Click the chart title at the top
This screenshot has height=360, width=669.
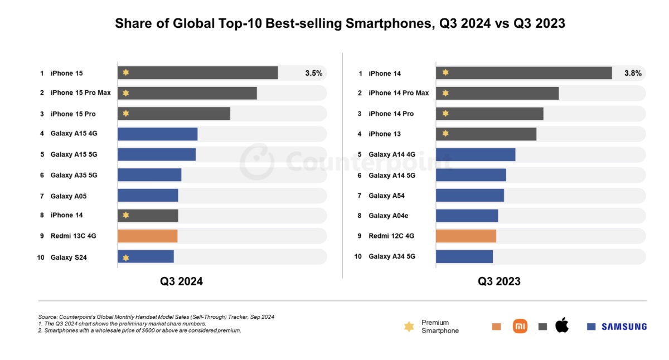[340, 23]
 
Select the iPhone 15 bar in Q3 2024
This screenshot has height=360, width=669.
[197, 73]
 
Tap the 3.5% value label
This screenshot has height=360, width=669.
[313, 73]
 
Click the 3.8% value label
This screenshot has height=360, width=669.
[632, 73]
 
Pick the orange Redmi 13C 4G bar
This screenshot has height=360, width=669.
[147, 236]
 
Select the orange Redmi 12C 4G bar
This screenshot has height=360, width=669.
[466, 236]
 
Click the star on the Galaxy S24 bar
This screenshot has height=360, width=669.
[126, 257]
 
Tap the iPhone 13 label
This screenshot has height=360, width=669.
[384, 134]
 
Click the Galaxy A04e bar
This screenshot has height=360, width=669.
[467, 216]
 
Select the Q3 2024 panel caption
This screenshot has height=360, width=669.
[181, 281]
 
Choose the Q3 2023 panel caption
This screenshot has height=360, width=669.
[499, 281]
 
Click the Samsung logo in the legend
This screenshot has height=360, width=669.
[624, 327]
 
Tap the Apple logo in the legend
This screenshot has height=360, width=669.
[562, 325]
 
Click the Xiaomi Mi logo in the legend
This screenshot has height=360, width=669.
[520, 326]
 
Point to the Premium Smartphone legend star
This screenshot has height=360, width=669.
[409, 327]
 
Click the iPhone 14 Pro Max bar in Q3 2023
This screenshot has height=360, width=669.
[497, 93]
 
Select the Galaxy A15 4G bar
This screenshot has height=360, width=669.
[157, 134]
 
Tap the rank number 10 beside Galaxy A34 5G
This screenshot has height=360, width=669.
[358, 256]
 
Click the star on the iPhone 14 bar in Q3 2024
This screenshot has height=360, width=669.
[126, 215]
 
